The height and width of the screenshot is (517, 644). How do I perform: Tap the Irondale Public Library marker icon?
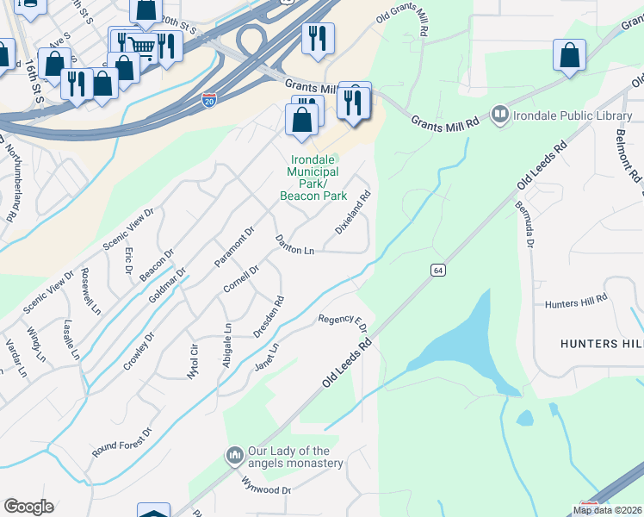[498, 113]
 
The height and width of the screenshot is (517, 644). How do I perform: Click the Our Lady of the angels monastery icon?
[234, 454]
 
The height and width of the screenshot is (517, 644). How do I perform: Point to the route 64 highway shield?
[438, 271]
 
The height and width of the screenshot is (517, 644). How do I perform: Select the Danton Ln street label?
[294, 245]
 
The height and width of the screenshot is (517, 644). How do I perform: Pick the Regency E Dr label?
[343, 324]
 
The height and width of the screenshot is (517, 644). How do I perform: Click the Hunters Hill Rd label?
[576, 302]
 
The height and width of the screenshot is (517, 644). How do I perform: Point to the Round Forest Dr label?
[122, 442]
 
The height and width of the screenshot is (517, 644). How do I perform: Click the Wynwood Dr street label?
[267, 484]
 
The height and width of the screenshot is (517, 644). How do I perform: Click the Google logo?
[28, 507]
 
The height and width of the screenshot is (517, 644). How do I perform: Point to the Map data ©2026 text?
[607, 510]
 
